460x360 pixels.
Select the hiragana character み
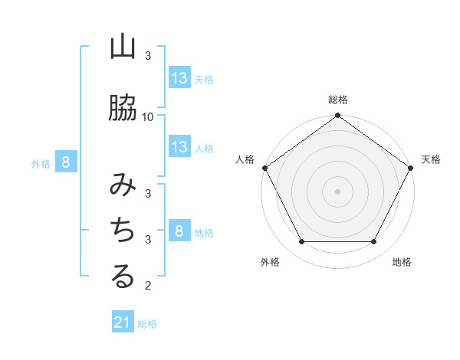(x=123, y=185)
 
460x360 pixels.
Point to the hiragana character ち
(x=123, y=231)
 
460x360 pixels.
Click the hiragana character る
(x=123, y=277)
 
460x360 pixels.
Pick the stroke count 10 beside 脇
(x=148, y=116)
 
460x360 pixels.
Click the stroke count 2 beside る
(x=148, y=286)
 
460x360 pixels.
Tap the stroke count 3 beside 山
(x=148, y=55)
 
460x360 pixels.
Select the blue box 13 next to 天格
(x=179, y=77)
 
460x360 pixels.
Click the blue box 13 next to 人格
(x=179, y=147)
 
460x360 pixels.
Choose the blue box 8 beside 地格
(x=179, y=231)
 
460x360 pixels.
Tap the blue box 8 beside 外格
(x=66, y=162)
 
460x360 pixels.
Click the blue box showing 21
(x=123, y=322)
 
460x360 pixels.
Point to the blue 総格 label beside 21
(x=147, y=323)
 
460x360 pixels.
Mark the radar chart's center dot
(x=337, y=191)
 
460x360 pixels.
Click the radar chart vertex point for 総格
(x=337, y=116)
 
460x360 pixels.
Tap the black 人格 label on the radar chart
(x=245, y=159)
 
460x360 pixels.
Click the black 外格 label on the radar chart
(x=270, y=262)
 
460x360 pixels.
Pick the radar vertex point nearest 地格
(x=374, y=242)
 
